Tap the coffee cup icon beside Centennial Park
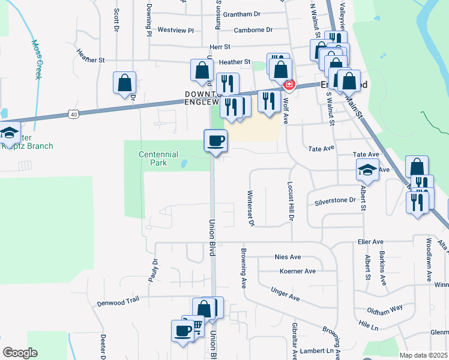pos(216,141)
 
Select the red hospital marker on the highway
pos(289,85)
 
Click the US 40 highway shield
pos(73,113)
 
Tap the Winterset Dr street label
pos(252,208)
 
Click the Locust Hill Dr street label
pos(289,202)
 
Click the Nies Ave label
pos(287,257)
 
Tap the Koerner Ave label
pos(298,271)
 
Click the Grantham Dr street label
pos(241,14)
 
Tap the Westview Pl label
pos(176,29)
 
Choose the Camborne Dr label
pos(253,29)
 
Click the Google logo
pos(19,353)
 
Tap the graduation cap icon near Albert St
pos(367,170)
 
